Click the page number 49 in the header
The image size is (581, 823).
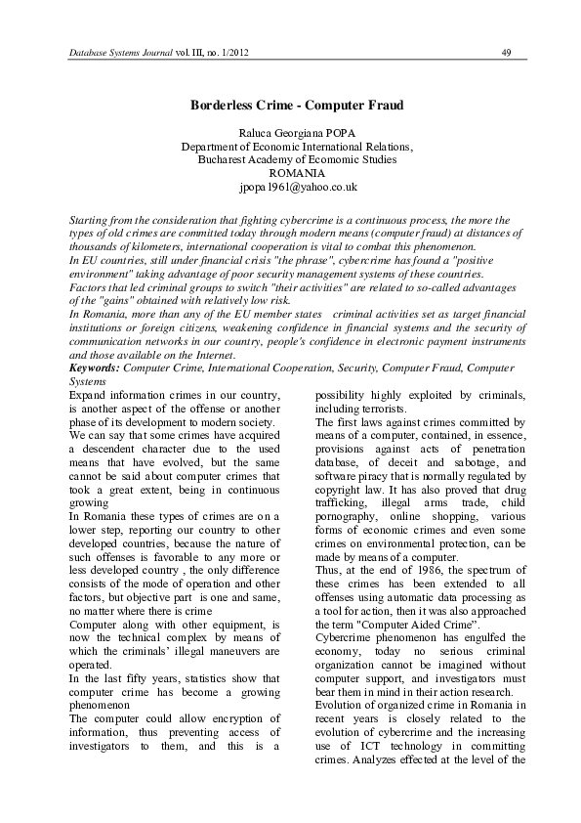coord(506,52)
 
